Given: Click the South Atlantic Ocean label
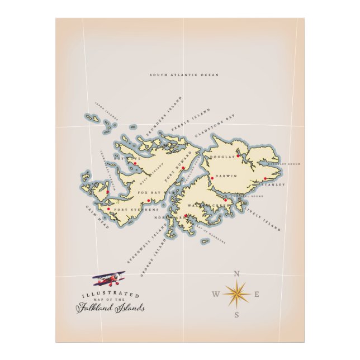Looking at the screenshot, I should [x=184, y=74].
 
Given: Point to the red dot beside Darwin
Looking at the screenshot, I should [x=212, y=178].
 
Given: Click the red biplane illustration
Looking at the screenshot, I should [x=109, y=277].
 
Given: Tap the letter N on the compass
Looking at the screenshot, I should [x=236, y=274].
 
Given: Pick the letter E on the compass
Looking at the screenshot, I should [x=257, y=294].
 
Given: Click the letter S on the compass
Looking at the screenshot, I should [x=237, y=315].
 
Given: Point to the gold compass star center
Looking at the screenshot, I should [x=236, y=294].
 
